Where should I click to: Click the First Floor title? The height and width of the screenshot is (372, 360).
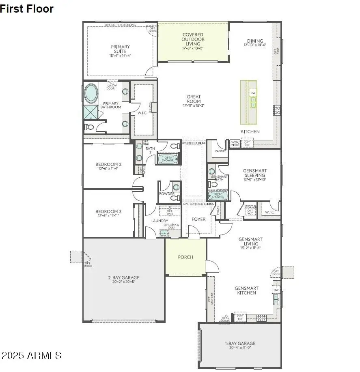point(27,9)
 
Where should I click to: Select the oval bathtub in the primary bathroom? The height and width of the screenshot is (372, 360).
point(91,94)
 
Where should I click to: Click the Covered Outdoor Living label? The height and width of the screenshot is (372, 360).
point(193,39)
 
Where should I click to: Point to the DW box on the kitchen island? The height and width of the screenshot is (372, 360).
point(253,93)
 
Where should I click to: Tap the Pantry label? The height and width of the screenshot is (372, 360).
point(220,151)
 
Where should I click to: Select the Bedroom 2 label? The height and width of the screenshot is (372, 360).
point(108,164)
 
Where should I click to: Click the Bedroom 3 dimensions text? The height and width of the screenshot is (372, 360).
point(108,216)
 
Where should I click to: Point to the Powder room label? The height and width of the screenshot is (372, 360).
point(167,194)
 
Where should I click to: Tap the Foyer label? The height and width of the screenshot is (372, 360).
point(198,219)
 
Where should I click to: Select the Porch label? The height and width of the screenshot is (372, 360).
point(185,257)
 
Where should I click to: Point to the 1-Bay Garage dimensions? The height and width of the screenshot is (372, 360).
point(240,348)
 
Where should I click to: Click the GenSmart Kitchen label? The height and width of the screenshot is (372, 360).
point(245,290)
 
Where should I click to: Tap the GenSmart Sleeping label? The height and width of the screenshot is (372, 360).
point(254,173)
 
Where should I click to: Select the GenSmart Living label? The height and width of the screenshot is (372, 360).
point(250,241)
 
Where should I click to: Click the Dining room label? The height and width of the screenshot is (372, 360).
point(255,41)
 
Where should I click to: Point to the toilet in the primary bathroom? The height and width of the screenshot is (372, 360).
point(90,127)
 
